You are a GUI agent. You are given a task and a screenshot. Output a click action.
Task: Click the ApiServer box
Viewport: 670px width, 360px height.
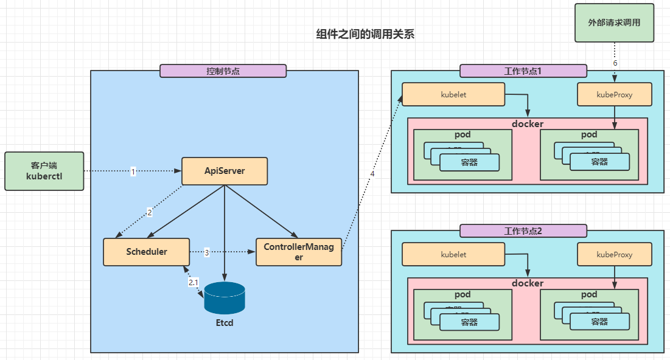pyautogui.click(x=225, y=171)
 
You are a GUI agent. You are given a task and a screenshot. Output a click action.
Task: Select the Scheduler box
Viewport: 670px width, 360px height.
pyautogui.click(x=147, y=252)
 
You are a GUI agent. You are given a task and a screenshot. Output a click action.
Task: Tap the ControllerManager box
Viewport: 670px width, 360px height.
pyautogui.click(x=298, y=252)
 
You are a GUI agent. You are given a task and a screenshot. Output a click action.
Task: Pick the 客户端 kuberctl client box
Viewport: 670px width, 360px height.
pyautogui.click(x=44, y=171)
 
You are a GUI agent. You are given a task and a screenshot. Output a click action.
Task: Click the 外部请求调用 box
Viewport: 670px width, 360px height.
pyautogui.click(x=615, y=22)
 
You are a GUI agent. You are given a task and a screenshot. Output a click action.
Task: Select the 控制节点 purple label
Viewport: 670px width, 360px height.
pyautogui.click(x=223, y=71)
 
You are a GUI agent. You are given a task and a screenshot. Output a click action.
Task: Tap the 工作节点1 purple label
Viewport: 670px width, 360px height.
pyautogui.click(x=523, y=71)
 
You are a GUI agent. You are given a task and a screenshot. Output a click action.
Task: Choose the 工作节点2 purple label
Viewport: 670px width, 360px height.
pyautogui.click(x=523, y=230)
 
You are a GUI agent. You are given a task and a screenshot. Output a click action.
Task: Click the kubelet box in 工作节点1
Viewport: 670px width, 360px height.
pyautogui.click(x=453, y=94)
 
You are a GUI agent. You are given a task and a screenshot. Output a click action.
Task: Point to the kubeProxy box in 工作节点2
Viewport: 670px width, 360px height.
pyautogui.click(x=614, y=254)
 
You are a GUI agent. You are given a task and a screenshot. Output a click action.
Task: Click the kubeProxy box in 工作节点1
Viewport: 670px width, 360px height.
pyautogui.click(x=614, y=94)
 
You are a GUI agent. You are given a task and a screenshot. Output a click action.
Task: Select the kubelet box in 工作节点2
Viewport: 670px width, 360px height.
pyautogui.click(x=453, y=254)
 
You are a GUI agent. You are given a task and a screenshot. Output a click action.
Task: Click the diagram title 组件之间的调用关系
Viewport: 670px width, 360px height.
pyautogui.click(x=365, y=35)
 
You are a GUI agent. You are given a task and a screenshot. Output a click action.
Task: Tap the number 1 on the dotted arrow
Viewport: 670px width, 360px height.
pyautogui.click(x=133, y=172)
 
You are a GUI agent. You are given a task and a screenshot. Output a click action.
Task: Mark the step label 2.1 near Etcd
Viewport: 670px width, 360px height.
pyautogui.click(x=193, y=283)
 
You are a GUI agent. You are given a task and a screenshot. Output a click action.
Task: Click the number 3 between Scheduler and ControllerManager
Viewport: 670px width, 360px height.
pyautogui.click(x=206, y=252)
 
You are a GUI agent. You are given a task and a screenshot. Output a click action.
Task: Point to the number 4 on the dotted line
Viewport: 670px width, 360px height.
pyautogui.click(x=372, y=174)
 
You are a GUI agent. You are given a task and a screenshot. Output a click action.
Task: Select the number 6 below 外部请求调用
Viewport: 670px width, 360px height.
pyautogui.click(x=615, y=63)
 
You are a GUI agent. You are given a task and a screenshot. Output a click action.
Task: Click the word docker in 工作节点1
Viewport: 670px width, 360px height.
pyautogui.click(x=527, y=123)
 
